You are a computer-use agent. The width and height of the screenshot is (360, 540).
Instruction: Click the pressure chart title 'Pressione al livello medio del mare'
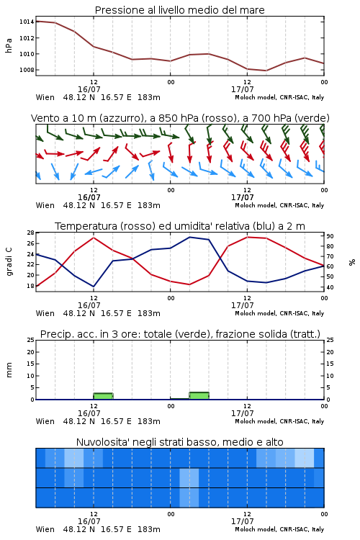(x=179, y=10)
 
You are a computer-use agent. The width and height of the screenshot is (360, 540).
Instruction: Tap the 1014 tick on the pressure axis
(x=26, y=22)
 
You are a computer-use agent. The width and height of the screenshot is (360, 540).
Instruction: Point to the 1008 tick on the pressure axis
(x=26, y=70)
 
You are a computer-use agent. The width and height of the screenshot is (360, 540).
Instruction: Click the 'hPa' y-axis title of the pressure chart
(x=9, y=45)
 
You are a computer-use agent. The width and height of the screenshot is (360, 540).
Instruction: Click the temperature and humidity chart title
(x=180, y=226)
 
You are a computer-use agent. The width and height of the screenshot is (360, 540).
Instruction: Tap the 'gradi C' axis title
(x=9, y=262)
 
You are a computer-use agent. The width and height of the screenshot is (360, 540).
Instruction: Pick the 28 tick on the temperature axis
(x=31, y=233)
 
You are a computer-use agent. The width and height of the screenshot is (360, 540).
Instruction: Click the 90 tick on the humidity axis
(x=330, y=236)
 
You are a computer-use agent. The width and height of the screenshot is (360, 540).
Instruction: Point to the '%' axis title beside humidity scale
(x=352, y=262)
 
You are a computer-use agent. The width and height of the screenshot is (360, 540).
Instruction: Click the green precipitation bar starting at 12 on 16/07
(x=104, y=396)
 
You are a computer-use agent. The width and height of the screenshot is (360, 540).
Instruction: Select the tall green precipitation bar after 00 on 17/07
(x=199, y=396)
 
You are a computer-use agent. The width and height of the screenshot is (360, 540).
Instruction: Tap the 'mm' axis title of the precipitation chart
(x=9, y=370)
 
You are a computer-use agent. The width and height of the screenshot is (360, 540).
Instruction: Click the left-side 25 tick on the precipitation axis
(x=31, y=340)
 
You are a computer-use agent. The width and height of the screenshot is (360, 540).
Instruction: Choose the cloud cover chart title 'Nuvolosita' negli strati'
(x=180, y=442)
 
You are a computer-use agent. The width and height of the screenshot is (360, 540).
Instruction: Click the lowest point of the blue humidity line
(x=94, y=287)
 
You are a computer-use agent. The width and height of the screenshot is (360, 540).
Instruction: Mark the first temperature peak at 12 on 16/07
(x=94, y=238)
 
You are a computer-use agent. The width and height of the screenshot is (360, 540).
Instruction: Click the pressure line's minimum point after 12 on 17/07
(x=266, y=71)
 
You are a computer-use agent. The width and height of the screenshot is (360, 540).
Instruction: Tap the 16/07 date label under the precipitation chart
(x=89, y=413)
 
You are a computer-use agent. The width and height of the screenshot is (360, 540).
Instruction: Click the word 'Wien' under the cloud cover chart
(x=45, y=529)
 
